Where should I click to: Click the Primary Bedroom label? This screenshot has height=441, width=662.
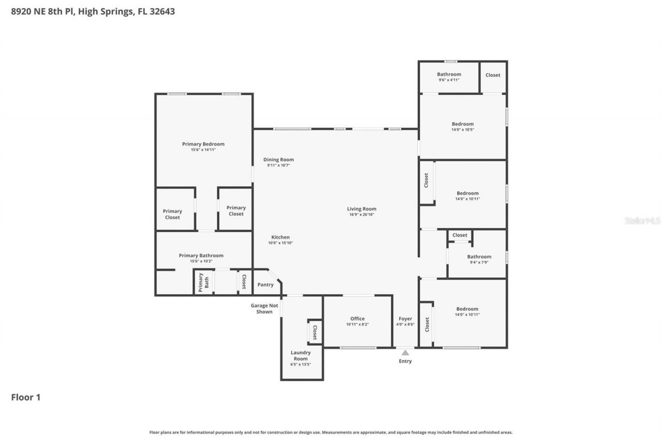(203, 144)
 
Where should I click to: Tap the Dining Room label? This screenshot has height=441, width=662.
(278, 160)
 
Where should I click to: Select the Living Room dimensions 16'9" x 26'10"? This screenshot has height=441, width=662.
(362, 215)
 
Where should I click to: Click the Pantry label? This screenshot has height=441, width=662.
(265, 285)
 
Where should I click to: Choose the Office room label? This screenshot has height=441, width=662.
(357, 318)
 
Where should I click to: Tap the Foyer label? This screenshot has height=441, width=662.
(405, 318)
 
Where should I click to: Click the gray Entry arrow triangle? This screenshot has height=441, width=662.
(405, 353)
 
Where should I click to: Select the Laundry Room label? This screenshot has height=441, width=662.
(300, 356)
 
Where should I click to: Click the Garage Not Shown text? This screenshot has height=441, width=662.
(264, 309)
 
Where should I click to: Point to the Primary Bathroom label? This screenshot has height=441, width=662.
(201, 255)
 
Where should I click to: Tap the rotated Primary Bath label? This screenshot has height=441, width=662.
(203, 283)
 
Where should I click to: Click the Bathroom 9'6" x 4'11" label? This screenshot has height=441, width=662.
(448, 74)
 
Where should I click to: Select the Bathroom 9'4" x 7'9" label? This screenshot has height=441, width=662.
(479, 256)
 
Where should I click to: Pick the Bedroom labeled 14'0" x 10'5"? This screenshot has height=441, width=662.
(462, 124)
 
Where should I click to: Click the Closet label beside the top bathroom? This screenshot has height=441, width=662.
(492, 75)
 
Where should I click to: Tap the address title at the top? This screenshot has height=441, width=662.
(93, 11)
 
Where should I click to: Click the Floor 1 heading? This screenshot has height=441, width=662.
(26, 397)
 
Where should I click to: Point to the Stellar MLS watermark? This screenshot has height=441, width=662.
(642, 221)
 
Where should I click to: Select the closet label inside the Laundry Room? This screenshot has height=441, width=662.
(314, 331)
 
